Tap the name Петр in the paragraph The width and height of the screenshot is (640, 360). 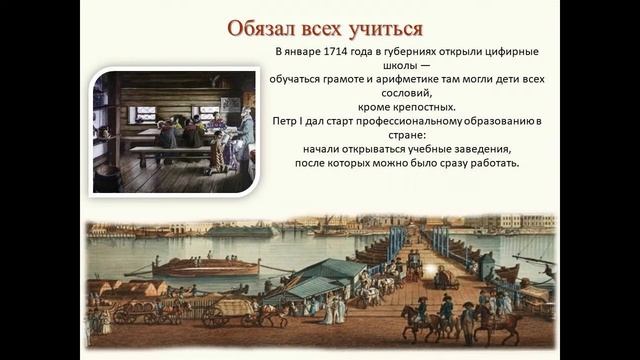pos(289,122)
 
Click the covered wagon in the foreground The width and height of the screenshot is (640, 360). pos(232,306)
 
